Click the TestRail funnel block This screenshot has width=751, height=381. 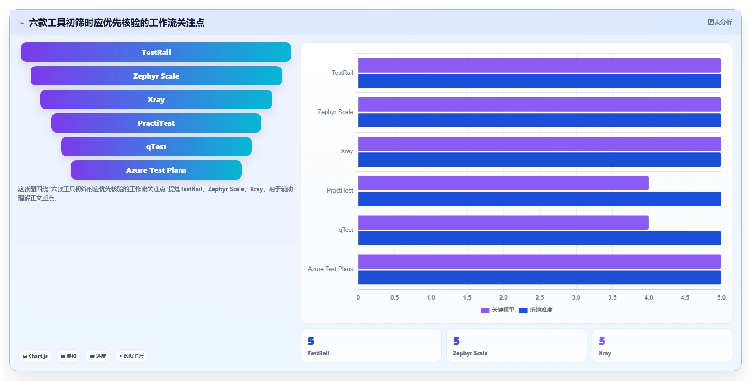tap(156, 52)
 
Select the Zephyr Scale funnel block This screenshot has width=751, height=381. tap(156, 76)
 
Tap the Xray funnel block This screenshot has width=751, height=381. tap(156, 99)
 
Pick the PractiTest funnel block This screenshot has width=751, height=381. tap(156, 123)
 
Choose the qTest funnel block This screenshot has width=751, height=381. tap(156, 146)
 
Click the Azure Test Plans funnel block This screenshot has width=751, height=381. tap(156, 170)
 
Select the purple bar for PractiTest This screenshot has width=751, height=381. tap(503, 183)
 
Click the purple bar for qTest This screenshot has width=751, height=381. tap(503, 222)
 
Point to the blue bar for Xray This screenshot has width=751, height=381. tap(540, 160)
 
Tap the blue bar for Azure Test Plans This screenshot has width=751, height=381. tap(540, 278)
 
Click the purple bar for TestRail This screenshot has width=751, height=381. tap(540, 65)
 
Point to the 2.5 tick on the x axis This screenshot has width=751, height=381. tap(540, 297)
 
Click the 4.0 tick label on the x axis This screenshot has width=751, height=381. tap(649, 297)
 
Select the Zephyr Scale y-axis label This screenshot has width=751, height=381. tap(335, 112)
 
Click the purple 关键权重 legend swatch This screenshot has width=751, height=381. tap(485, 310)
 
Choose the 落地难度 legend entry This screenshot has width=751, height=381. tap(536, 310)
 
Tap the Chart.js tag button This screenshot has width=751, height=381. tap(35, 356)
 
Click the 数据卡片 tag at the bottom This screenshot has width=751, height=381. tap(131, 356)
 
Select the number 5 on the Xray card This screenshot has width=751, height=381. tap(602, 341)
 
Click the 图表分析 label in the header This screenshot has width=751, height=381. tap(720, 23)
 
